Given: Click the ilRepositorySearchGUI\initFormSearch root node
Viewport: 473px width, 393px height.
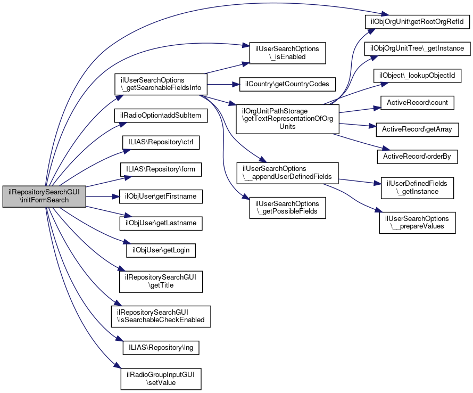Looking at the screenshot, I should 44,196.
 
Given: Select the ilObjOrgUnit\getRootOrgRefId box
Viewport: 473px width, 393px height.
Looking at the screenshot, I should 417,22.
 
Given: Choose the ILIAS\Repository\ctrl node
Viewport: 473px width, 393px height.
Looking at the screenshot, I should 159,143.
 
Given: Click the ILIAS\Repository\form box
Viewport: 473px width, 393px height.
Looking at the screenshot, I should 161,170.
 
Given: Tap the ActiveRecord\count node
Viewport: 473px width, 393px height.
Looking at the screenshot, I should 417,102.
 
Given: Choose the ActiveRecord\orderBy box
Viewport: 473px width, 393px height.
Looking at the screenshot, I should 417,156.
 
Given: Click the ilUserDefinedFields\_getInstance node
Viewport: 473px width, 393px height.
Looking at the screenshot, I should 417,187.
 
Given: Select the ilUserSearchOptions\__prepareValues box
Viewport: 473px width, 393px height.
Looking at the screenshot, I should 417,222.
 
